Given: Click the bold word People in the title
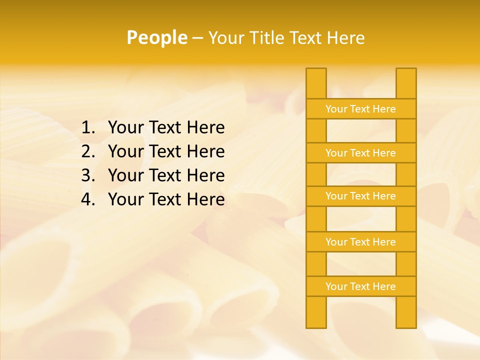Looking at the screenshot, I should [156, 38].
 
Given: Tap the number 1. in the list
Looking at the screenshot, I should [88, 128].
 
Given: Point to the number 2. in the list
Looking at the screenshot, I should [88, 151].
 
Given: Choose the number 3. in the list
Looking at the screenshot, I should [88, 175].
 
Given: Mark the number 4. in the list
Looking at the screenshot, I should [88, 199].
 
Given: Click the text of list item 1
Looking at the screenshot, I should [166, 128].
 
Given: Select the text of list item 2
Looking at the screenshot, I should [166, 151].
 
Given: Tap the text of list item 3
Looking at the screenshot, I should [166, 175].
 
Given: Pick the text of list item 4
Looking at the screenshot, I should [166, 199].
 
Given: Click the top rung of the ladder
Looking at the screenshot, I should [360, 109].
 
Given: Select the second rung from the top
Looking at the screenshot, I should [360, 153].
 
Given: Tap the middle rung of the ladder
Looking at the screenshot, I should [360, 196].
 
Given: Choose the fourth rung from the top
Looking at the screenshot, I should [360, 242].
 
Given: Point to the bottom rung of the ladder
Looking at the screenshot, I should [360, 286].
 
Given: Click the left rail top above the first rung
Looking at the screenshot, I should [316, 83].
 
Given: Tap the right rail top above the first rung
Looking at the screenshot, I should [406, 83].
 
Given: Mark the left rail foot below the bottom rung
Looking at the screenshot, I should [316, 312].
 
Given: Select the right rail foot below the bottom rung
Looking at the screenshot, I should [406, 312].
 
